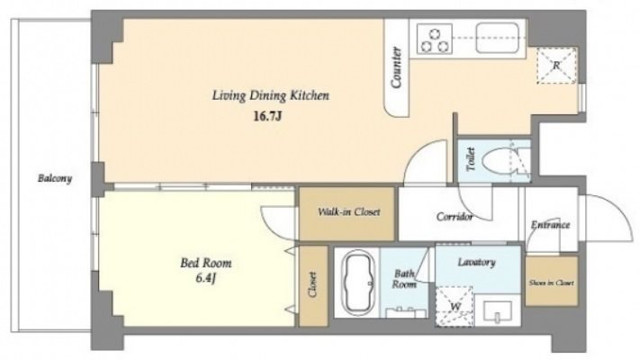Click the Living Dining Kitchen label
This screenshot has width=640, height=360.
tap(270, 95)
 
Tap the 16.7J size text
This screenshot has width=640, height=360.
tap(268, 117)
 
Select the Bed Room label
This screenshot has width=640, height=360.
tap(206, 263)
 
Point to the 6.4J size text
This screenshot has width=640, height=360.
tap(205, 279)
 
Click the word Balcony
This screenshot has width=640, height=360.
tap(55, 178)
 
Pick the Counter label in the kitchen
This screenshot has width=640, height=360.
tap(396, 67)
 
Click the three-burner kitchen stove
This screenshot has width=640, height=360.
tap(434, 39)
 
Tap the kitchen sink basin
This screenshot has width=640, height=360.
tap(497, 38)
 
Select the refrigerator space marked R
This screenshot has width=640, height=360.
tap(556, 66)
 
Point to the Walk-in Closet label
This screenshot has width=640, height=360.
tap(349, 211)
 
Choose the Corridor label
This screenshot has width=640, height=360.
tap(455, 216)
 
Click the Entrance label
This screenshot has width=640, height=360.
tap(550, 225)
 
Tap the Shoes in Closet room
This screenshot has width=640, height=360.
tap(552, 281)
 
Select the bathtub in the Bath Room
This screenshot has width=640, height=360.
tap(358, 283)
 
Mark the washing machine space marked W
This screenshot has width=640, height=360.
tap(455, 306)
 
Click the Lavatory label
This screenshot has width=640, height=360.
tap(476, 262)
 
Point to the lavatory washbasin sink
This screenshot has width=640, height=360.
tap(497, 311)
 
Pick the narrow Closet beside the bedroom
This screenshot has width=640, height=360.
tap(313, 285)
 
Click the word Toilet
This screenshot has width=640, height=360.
tap(471, 159)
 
